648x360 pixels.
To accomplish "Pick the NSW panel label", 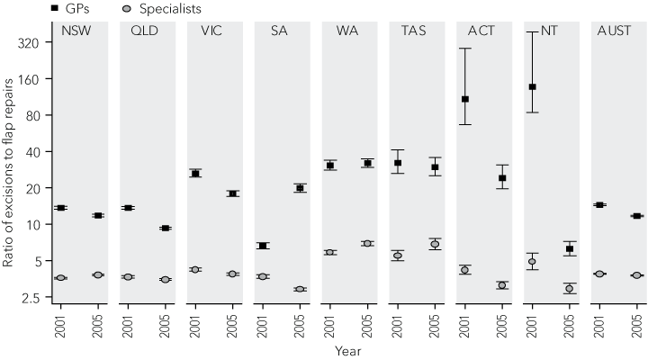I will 78,31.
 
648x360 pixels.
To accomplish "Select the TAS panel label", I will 414,31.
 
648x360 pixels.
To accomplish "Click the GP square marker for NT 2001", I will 531,87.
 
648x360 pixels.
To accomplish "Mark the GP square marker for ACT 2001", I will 464,99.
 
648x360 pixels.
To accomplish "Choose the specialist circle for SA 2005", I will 300,289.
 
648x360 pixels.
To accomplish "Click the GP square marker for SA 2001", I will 262,246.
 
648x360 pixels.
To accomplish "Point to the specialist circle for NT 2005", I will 569,289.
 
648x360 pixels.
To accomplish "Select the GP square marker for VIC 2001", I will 195,174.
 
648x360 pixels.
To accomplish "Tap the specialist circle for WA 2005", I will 367,244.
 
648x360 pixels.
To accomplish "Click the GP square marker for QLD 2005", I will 166,229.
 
